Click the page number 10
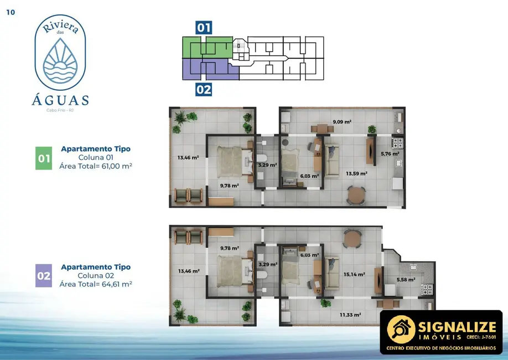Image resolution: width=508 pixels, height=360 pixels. coord(11,13)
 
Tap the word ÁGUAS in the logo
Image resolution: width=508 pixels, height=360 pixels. coord(60,100)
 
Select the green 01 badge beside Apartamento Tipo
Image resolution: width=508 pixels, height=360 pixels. coord(44,158)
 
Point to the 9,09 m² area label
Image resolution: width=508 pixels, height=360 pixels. coord(342,121)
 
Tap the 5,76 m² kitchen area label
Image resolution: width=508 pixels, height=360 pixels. coord(390,153)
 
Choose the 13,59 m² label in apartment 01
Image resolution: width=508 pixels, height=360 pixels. coord(356,173)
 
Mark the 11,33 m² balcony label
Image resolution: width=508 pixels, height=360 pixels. coord(350,315)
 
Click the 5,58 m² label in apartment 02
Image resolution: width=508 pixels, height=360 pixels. coord(406,280)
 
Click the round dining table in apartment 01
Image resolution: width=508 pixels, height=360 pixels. coord(356,195)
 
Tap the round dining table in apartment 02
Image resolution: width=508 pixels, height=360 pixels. coord(352,239)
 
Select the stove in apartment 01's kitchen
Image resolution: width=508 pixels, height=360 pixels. coord(397,143)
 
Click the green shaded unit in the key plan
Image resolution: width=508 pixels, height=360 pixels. coord(207,47)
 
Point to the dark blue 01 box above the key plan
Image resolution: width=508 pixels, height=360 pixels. coord(204,28)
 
